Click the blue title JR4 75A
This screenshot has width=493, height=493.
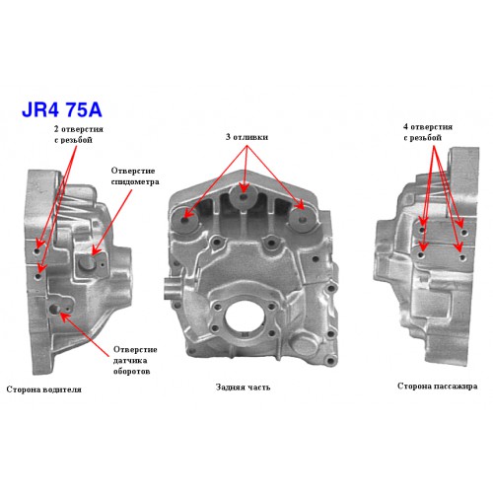coord(62,110)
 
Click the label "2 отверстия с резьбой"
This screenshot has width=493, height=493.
coord(79,134)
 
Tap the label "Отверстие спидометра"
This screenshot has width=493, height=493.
coord(135,176)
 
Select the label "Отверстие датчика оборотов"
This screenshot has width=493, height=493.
coord(135,360)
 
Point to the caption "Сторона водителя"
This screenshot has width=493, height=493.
coord(43,389)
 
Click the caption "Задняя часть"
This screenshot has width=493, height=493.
coord(243,387)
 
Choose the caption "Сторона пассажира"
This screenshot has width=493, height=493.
coord(437,386)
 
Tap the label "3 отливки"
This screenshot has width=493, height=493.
coord(246,137)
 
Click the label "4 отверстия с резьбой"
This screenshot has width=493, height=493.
coord(428,132)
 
